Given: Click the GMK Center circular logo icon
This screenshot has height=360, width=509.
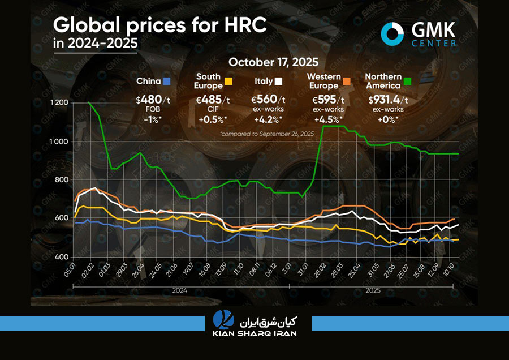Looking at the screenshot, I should coord(392,33).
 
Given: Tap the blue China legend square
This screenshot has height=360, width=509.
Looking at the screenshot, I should coord(166,81).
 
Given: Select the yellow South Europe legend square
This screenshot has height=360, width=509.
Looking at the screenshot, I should coord(228,81).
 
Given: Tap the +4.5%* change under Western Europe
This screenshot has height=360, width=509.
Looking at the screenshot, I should coord(330,119).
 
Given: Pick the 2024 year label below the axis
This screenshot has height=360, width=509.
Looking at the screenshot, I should coord(180,290).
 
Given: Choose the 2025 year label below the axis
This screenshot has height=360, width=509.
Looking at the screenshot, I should coord(373,290).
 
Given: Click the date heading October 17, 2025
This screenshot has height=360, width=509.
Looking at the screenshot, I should coord(273,62).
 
